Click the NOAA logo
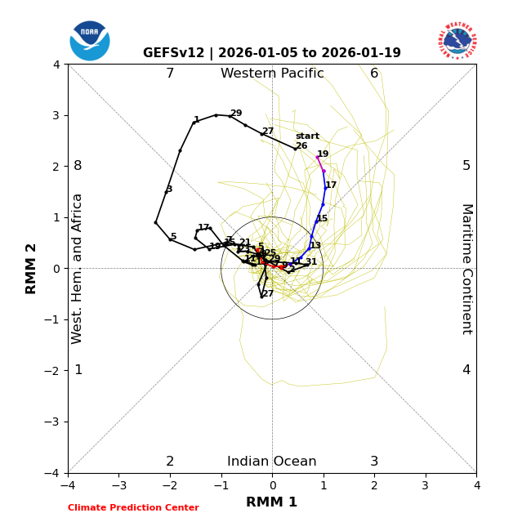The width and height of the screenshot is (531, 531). [90, 41]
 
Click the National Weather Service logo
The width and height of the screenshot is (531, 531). [457, 41]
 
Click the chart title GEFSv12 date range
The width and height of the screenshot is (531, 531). [272, 53]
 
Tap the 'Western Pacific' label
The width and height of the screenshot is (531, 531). [272, 74]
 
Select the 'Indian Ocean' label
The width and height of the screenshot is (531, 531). [272, 462]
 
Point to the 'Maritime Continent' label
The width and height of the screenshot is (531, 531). [466, 269]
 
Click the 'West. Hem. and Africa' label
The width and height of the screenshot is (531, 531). [78, 269]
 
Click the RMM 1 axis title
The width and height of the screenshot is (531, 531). [272, 502]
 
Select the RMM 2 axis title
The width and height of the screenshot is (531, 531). [32, 269]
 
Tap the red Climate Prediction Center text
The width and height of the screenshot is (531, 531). [133, 508]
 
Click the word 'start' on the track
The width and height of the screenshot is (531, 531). [307, 136]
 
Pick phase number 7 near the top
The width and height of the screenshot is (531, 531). [170, 74]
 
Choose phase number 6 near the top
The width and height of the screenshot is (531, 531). [374, 74]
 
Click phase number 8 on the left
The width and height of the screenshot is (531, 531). [78, 166]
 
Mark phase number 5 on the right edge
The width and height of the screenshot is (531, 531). [466, 166]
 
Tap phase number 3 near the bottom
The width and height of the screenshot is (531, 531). [374, 462]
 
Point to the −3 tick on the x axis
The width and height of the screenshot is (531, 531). [118, 485]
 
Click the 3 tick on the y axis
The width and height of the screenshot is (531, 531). [56, 115]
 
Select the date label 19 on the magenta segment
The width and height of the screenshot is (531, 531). [323, 154]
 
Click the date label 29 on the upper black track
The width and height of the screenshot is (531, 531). [236, 114]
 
